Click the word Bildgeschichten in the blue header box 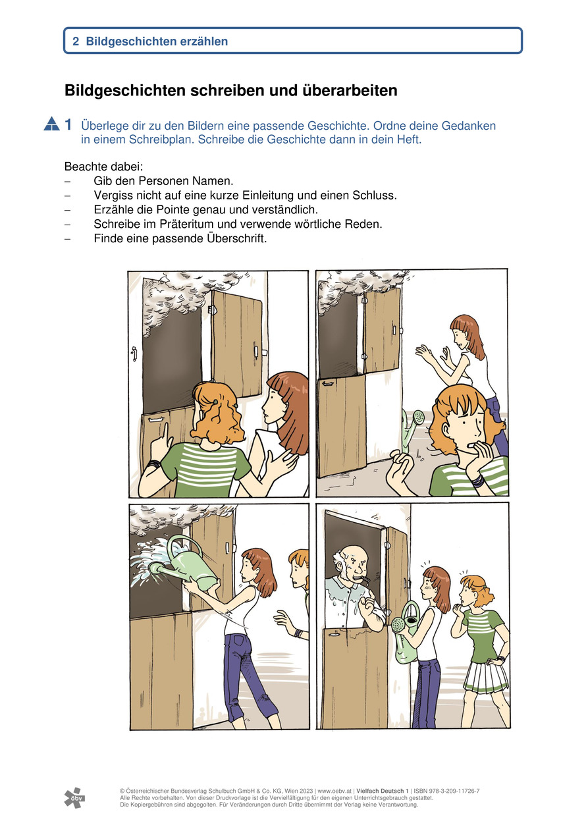132,41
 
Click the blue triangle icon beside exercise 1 51,124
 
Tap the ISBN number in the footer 446,791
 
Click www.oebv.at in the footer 334,791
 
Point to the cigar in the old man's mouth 364,579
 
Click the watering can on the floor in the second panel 412,429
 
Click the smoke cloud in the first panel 174,300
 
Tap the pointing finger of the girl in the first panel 165,431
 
